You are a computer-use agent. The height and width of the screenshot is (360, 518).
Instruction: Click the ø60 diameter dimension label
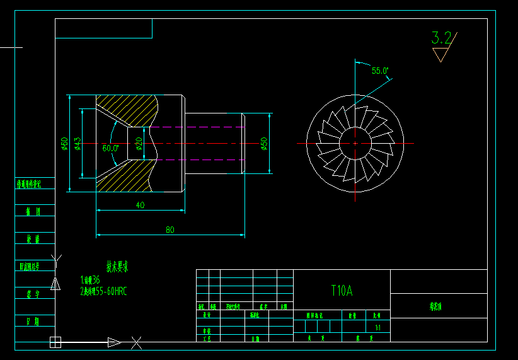[x=64, y=144]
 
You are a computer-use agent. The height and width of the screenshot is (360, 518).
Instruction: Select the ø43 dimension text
[x=78, y=144]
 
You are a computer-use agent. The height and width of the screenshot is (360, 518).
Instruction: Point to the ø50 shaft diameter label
[x=265, y=144]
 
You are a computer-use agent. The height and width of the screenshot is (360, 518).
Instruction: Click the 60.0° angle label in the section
[x=110, y=148]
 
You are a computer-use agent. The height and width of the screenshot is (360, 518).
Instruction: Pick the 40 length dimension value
[x=140, y=205]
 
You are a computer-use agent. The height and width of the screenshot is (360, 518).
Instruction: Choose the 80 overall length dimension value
[x=170, y=230]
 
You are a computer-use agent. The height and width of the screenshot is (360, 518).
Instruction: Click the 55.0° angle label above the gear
[x=380, y=71]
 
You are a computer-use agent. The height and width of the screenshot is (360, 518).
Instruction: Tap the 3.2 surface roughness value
[x=441, y=38]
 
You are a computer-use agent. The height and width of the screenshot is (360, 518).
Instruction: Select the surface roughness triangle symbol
[x=440, y=54]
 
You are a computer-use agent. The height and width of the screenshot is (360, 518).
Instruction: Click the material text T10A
[x=342, y=291]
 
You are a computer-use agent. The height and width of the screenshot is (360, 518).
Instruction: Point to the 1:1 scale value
[x=377, y=328]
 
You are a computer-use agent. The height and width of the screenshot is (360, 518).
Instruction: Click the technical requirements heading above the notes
[x=117, y=267]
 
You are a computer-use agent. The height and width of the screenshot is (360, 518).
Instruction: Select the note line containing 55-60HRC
[x=103, y=291]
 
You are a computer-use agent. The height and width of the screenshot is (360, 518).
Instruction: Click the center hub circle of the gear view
[x=355, y=142]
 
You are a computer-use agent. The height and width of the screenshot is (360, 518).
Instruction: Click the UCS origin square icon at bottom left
[x=55, y=342]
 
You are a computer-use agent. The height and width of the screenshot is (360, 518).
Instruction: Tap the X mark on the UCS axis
[x=136, y=343]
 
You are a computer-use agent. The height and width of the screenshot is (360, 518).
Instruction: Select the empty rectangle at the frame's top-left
[x=103, y=28]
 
